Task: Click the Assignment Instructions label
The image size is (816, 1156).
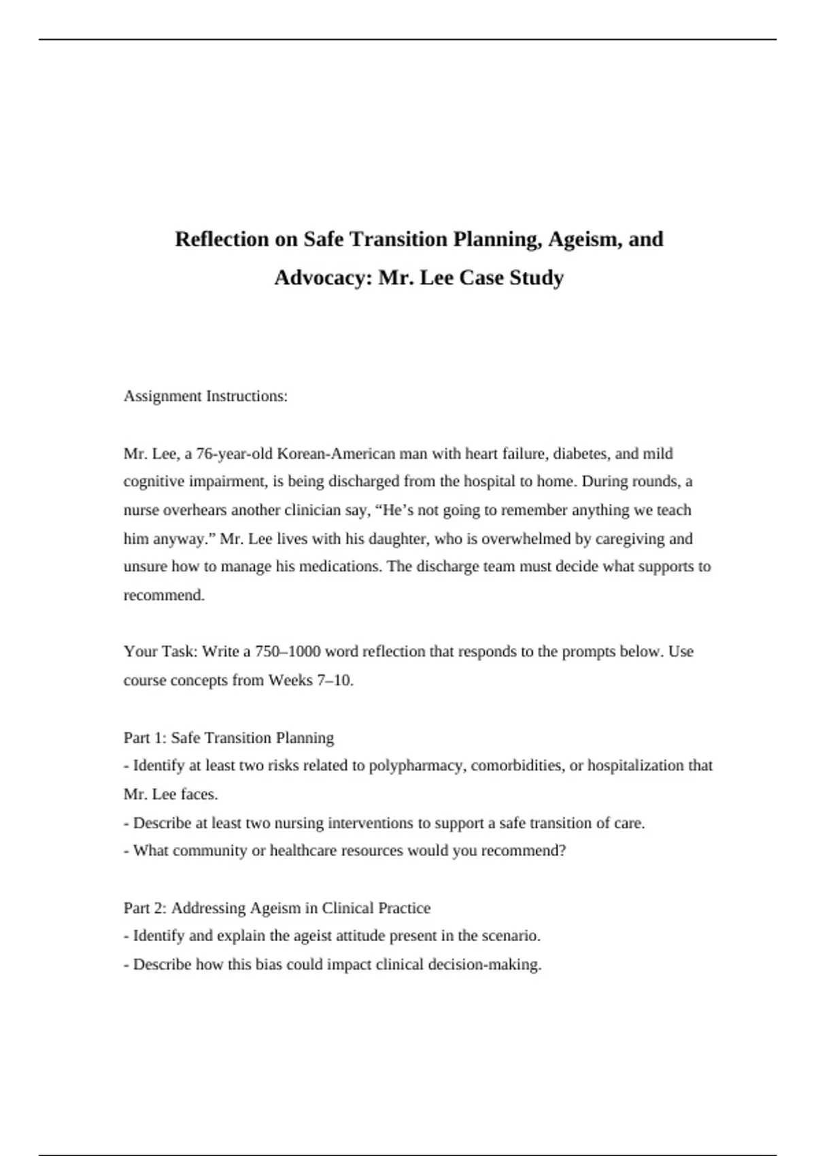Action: click(x=205, y=396)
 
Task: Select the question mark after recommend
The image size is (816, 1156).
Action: click(x=562, y=851)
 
